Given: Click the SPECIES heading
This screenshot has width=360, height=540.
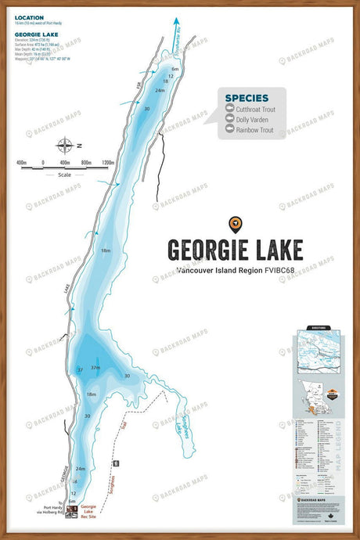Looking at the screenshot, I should pyautogui.click(x=247, y=99).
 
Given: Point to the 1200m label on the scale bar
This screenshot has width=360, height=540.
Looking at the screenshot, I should pyautogui.click(x=97, y=163).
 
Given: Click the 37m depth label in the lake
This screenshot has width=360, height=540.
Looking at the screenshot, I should pyautogui.click(x=95, y=367).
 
